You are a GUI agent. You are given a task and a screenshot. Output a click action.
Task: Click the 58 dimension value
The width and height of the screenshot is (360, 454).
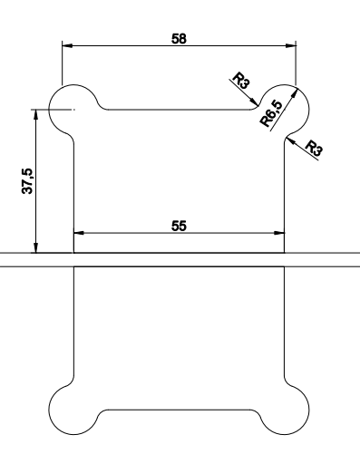click(179, 39)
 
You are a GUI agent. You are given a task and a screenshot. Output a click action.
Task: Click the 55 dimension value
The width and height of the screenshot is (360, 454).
click(179, 226)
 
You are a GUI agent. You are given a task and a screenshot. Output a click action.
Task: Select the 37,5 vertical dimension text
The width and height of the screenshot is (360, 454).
click(27, 181)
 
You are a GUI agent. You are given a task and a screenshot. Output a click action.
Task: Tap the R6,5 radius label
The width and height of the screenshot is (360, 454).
click(271, 114)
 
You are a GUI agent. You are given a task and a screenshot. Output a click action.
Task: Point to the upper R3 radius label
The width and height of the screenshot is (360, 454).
click(241, 81)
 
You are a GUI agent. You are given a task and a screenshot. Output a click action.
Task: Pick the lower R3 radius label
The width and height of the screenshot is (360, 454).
click(314, 148)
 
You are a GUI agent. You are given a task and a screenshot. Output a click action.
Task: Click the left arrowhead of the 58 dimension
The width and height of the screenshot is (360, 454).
click(67, 45)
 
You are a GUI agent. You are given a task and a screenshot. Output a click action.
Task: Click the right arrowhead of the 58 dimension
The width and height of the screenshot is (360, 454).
click(291, 45)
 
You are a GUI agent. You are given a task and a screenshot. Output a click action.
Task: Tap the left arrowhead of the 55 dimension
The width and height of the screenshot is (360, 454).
click(79, 233)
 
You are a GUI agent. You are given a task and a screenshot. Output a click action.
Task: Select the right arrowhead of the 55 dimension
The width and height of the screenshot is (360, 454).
click(279, 233)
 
